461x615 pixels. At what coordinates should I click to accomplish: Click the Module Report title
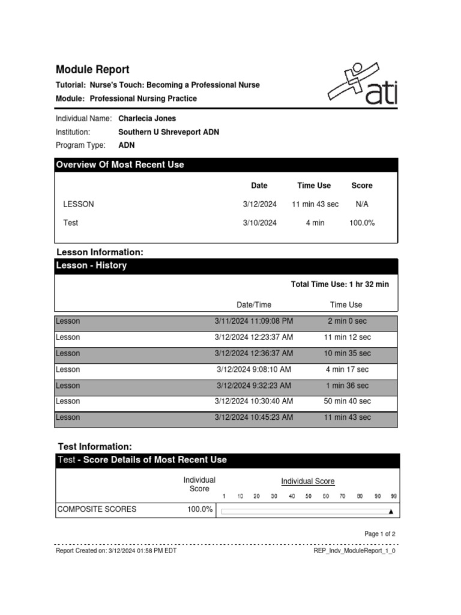point(92,70)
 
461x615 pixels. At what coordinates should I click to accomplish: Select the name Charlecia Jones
point(147,118)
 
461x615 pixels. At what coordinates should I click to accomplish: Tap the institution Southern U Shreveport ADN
point(169,132)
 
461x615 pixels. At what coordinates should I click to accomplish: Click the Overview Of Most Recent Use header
point(120,165)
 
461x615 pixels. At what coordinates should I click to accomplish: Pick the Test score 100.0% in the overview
point(362,223)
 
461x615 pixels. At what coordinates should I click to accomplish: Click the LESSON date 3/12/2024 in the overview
point(259,204)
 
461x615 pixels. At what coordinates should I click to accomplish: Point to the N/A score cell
point(362,204)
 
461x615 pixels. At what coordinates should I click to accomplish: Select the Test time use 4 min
point(315,223)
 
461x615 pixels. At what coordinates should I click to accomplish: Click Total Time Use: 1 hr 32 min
point(340,284)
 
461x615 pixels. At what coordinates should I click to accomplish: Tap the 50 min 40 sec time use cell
point(346,401)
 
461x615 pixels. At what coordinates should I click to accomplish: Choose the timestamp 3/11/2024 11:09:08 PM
point(253,321)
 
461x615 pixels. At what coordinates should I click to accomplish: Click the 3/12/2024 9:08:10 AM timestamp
point(253,369)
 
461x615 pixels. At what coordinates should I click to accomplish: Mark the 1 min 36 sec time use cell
point(346,386)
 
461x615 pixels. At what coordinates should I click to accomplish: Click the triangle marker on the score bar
point(391,512)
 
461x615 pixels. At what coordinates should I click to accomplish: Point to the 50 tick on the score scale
point(309,496)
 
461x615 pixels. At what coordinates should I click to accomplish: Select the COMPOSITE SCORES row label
point(97,509)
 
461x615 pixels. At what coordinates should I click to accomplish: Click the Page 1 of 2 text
point(380,533)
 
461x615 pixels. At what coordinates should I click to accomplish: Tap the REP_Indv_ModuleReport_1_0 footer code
point(355,550)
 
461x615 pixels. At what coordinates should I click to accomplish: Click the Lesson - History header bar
point(226,265)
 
